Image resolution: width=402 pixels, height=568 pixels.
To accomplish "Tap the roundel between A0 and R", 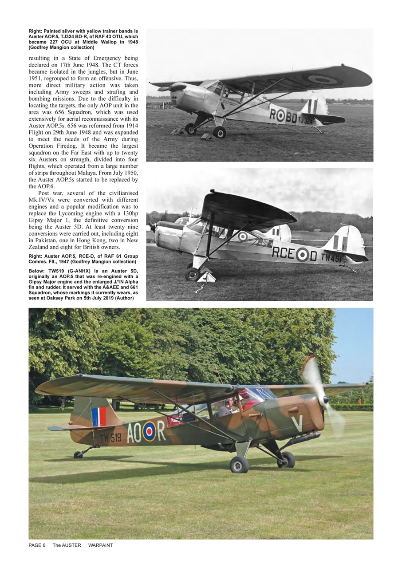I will point(149,431).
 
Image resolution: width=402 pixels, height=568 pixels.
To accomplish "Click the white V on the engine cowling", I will point(297,423).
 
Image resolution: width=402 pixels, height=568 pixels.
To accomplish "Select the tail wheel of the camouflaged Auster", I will point(78,455).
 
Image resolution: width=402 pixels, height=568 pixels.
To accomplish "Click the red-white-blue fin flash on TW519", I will point(99,417).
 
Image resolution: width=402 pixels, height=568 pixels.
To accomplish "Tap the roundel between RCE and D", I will point(303,254).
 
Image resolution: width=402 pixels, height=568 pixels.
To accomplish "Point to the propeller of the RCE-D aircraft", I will point(153,227).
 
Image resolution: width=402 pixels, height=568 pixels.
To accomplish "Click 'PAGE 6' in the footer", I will point(37,545).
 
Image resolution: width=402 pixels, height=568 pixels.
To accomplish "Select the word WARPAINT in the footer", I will point(100,545).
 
